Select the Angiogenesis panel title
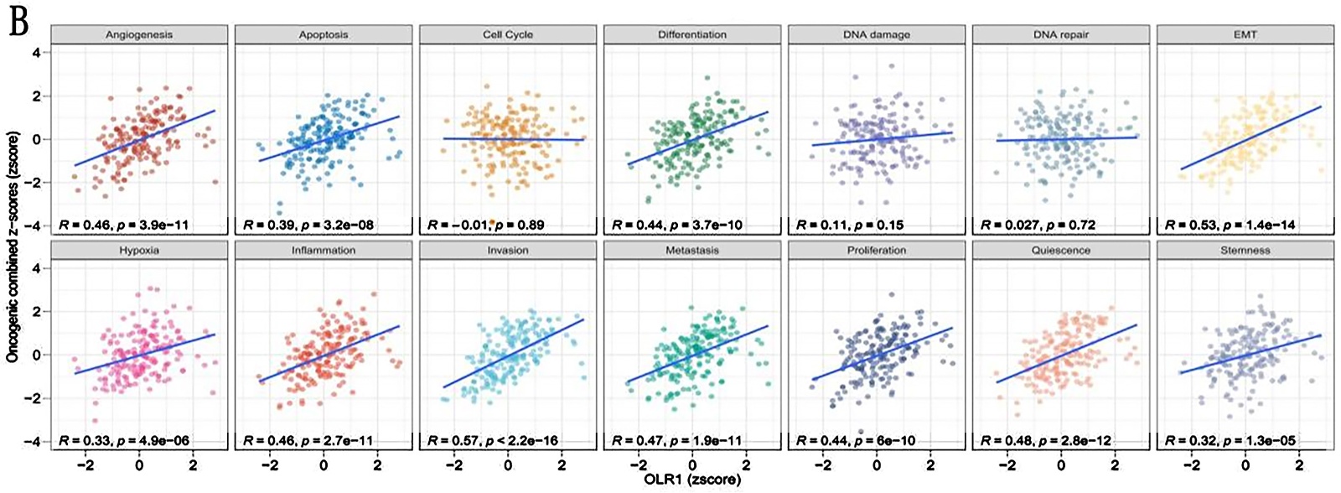click(139, 34)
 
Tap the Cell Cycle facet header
click(508, 34)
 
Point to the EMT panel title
click(1245, 34)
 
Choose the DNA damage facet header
click(877, 34)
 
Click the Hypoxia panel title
click(139, 250)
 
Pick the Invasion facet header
click(508, 250)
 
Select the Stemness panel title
click(1245, 250)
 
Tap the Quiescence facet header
click(1061, 250)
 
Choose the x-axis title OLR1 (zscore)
click(692, 481)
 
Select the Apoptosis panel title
click(324, 34)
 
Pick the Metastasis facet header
click(692, 250)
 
